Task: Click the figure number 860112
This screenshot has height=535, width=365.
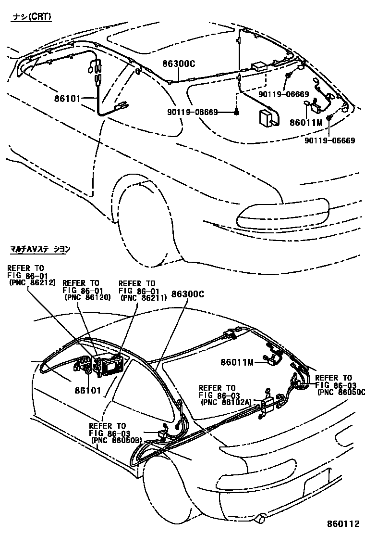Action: click(343, 524)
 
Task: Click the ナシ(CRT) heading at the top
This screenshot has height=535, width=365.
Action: click(32, 17)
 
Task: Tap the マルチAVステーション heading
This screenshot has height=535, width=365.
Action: click(40, 249)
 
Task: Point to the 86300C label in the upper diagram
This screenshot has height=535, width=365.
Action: click(178, 64)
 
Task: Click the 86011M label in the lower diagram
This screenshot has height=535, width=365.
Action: click(237, 361)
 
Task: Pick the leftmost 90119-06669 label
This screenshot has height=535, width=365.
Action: click(193, 112)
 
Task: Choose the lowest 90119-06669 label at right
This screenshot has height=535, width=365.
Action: click(329, 140)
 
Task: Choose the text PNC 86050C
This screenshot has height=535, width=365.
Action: click(341, 392)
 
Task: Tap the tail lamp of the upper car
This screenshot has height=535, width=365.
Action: click(283, 215)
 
